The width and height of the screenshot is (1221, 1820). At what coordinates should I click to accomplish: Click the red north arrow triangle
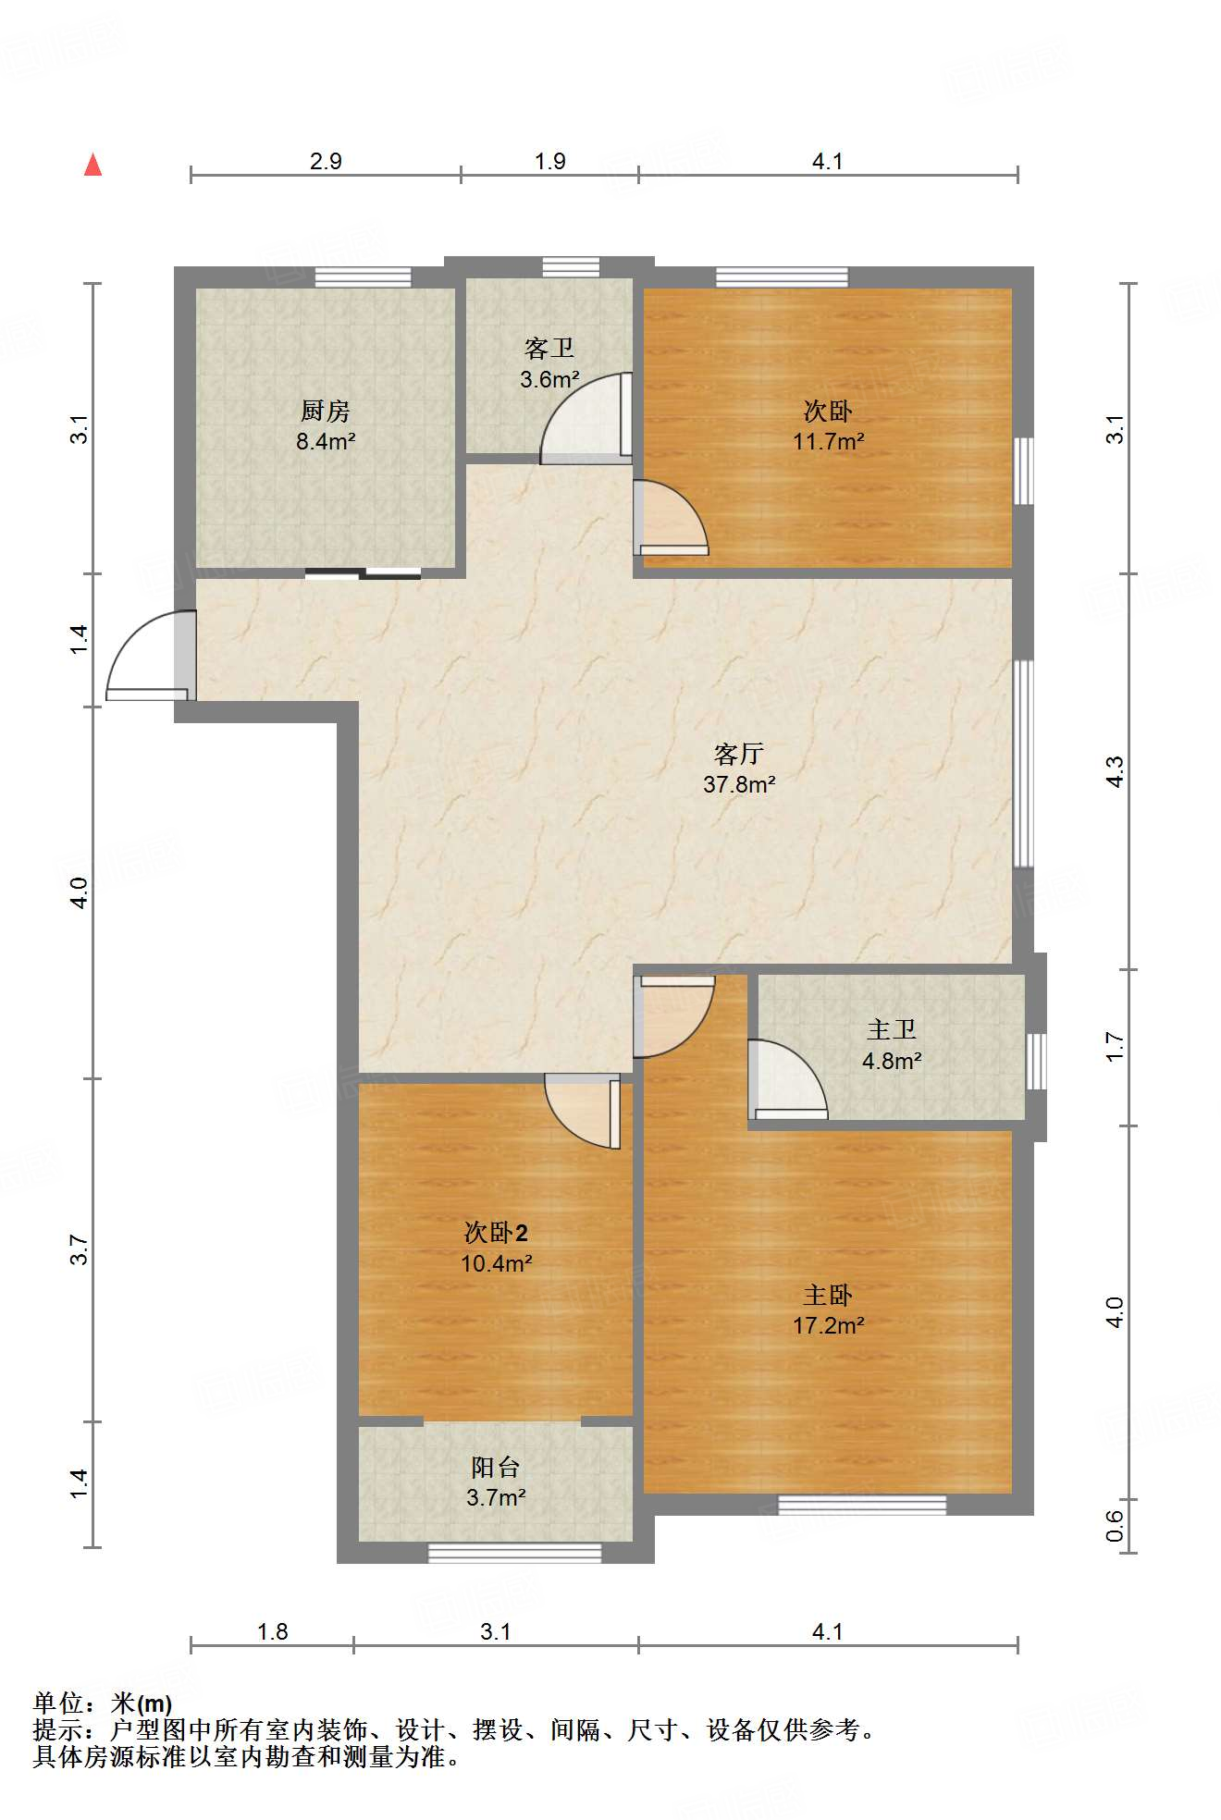pyautogui.click(x=92, y=165)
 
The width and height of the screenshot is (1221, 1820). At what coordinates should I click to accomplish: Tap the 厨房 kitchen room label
pyautogui.click(x=326, y=411)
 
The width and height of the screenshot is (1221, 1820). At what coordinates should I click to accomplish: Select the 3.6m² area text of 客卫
pyautogui.click(x=549, y=379)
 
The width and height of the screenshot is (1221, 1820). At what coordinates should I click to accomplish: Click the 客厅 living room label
pyautogui.click(x=739, y=754)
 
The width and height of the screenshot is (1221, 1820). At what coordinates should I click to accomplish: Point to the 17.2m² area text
pyautogui.click(x=828, y=1325)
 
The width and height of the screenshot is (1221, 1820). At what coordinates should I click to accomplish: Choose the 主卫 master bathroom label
pyautogui.click(x=892, y=1030)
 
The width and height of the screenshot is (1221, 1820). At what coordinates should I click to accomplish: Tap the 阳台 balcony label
pyautogui.click(x=496, y=1468)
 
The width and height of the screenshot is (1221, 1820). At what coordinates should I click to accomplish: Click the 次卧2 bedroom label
pyautogui.click(x=496, y=1233)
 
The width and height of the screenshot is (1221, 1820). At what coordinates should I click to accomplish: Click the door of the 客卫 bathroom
pyautogui.click(x=586, y=418)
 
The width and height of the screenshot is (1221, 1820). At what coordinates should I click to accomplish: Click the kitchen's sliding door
pyautogui.click(x=363, y=573)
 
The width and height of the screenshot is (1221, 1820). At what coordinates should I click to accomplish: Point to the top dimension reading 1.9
pyautogui.click(x=549, y=161)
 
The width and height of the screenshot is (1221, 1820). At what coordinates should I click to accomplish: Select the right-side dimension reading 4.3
pyautogui.click(x=1115, y=772)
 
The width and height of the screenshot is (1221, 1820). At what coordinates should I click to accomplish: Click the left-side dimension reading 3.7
pyautogui.click(x=79, y=1250)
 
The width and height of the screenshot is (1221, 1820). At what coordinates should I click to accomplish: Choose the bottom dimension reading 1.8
pyautogui.click(x=272, y=1631)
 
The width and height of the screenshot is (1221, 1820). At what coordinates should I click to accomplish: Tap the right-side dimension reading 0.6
pyautogui.click(x=1115, y=1526)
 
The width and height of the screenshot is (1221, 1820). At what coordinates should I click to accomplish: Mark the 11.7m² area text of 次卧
pyautogui.click(x=828, y=441)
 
